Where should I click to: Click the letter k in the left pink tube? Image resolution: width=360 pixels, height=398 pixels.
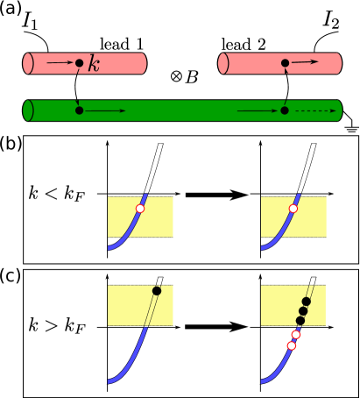pyautogui.click(x=94, y=64)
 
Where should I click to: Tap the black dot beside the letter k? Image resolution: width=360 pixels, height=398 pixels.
pyautogui.click(x=79, y=63)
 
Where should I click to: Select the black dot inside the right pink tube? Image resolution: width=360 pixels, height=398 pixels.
pyautogui.click(x=285, y=63)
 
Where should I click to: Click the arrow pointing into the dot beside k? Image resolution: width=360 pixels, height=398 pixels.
pyautogui.click(x=60, y=63)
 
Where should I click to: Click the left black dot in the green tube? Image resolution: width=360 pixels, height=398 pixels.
pyautogui.click(x=79, y=110)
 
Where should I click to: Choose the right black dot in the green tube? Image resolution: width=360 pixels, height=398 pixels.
pyautogui.click(x=285, y=110)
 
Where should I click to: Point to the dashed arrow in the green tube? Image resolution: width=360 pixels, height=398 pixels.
pyautogui.click(x=314, y=110)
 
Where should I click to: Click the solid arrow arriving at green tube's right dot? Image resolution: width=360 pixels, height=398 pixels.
pyautogui.click(x=258, y=110)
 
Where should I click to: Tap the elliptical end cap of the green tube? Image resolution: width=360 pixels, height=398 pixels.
pyautogui.click(x=28, y=110)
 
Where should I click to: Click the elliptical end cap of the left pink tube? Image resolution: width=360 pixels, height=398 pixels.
pyautogui.click(x=28, y=63)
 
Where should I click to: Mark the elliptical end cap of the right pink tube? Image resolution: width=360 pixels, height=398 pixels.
pyautogui.click(x=223, y=63)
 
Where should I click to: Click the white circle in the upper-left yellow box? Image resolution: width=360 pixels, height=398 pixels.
pyautogui.click(x=139, y=209)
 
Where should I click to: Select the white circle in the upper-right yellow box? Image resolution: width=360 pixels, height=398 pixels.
pyautogui.click(x=293, y=209)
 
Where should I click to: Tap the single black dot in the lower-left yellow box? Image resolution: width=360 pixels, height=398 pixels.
pyautogui.click(x=157, y=291)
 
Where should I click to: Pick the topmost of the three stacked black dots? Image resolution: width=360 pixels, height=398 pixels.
pyautogui.click(x=306, y=302)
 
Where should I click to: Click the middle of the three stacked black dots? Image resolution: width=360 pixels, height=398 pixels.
pyautogui.click(x=303, y=311)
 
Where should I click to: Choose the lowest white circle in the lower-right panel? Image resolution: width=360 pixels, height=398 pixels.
pyautogui.click(x=292, y=345)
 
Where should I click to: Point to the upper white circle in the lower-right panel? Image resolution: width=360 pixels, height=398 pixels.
pyautogui.click(x=296, y=334)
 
